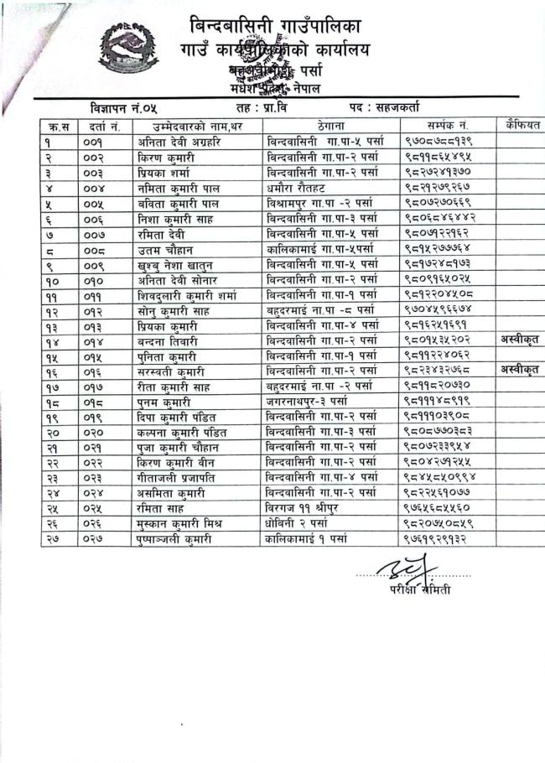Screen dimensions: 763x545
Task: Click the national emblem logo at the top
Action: tap(131, 51)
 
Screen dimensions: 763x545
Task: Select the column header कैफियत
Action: tap(518, 126)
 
